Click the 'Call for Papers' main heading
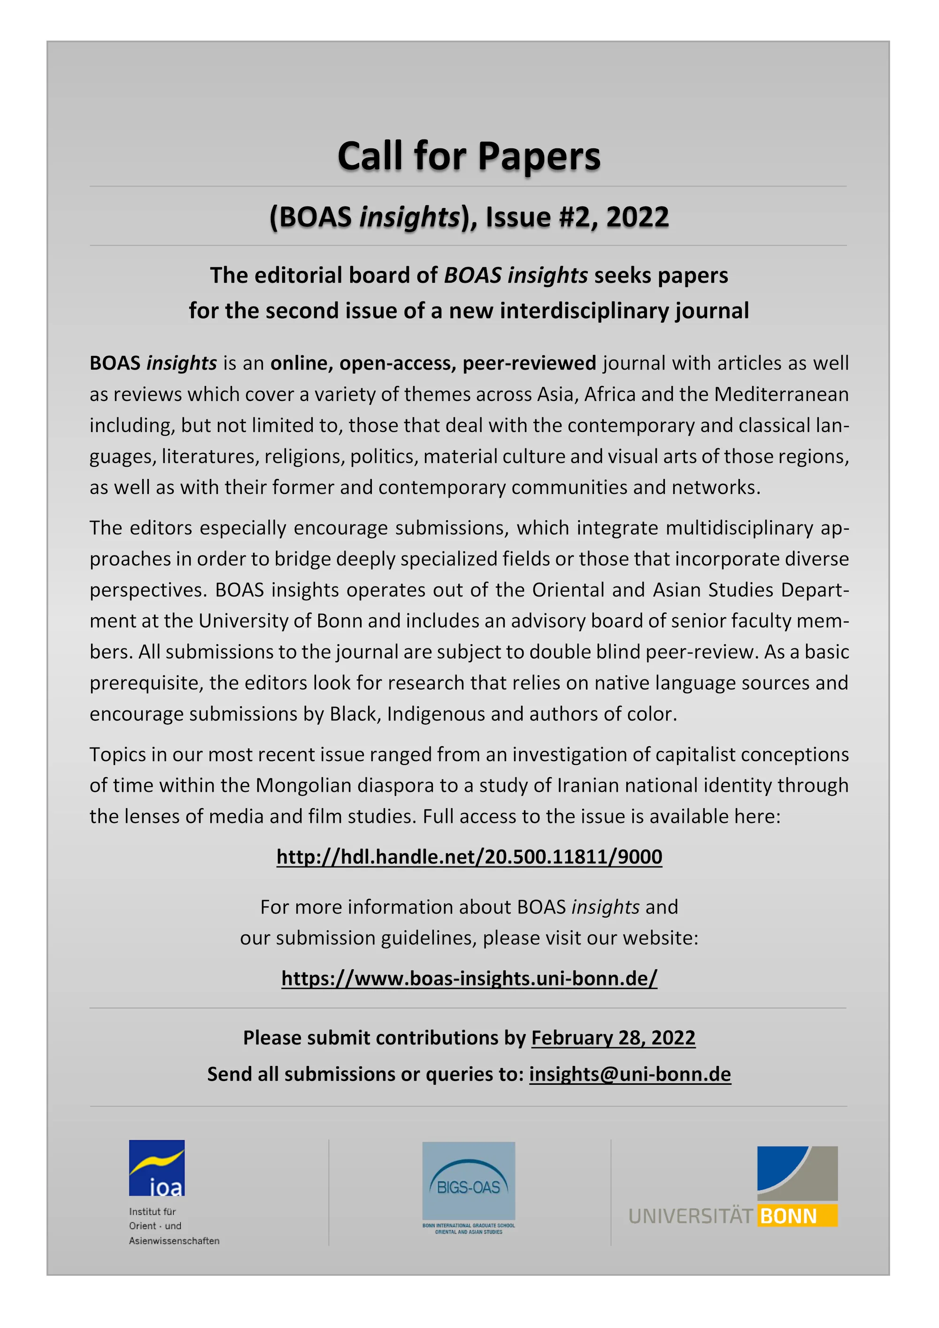pos(469,156)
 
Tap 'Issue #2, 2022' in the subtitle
pos(577,217)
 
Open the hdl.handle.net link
pos(469,857)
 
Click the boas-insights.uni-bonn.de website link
pos(469,978)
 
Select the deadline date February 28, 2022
pos(613,1038)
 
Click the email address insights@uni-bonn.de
pos(630,1074)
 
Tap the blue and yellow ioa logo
pos(157,1167)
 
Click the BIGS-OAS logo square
pos(469,1181)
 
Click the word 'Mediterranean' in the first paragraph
pos(781,394)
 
